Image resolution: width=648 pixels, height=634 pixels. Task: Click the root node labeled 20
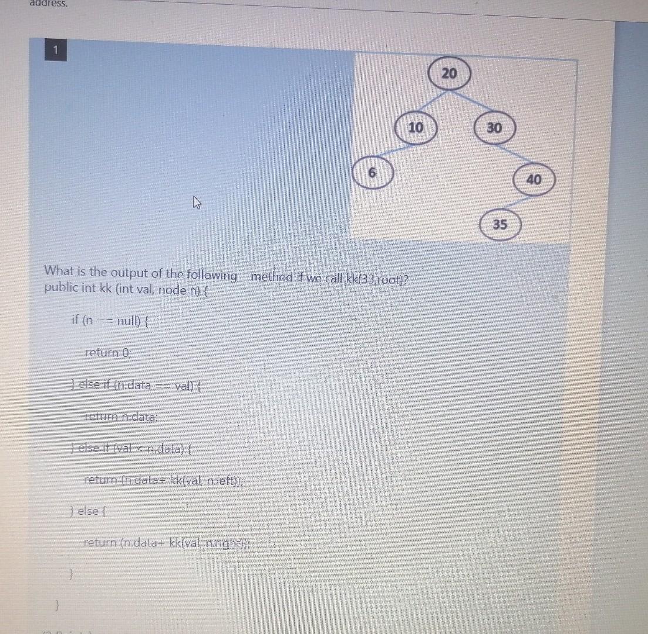[x=449, y=73]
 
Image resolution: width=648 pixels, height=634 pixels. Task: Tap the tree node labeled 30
[x=494, y=127]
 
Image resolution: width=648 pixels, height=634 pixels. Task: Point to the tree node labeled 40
[x=534, y=180]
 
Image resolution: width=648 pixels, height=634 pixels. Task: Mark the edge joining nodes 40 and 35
[x=518, y=202]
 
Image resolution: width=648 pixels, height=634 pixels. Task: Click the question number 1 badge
[x=56, y=51]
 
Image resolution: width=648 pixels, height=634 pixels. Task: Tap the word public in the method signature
[x=60, y=288]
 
